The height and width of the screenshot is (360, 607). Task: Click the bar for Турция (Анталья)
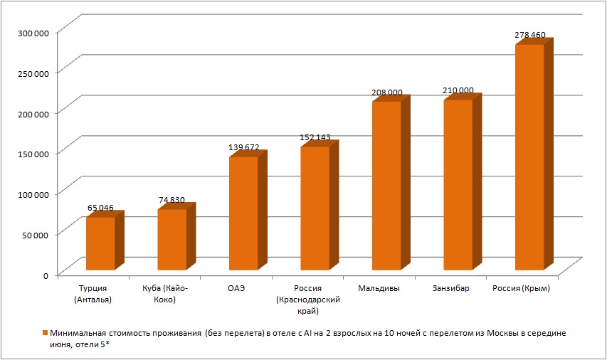point(100,243)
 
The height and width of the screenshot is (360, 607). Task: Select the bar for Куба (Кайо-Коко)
point(171,240)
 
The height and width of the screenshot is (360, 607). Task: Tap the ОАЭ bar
point(243,213)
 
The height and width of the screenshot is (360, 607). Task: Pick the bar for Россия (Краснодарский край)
point(315,208)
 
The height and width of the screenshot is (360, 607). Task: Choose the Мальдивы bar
point(386,186)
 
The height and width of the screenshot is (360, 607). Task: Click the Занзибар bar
point(458,185)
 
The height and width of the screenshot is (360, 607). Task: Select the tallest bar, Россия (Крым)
point(529,157)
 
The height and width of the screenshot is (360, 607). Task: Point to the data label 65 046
point(100,208)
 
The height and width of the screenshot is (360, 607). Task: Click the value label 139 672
point(243,147)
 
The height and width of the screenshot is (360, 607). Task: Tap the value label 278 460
point(529,34)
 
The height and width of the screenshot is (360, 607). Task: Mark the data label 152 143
point(315,137)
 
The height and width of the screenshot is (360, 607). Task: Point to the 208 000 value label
point(386,92)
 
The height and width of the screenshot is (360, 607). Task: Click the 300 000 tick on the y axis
point(34,33)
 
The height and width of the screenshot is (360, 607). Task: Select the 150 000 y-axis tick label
point(34,153)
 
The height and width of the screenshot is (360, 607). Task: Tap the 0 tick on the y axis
point(45,274)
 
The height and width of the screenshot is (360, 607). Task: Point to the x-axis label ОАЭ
point(236,289)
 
